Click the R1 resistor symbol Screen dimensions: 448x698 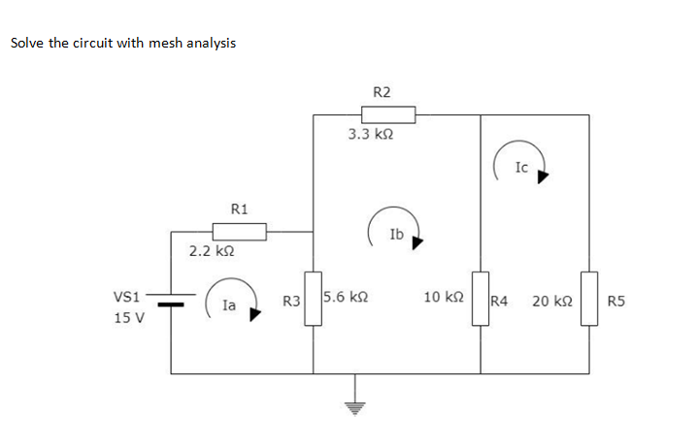[240, 232]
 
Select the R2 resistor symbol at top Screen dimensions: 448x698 [388, 114]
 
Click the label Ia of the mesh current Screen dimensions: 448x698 [229, 304]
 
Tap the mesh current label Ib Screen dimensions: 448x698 [395, 234]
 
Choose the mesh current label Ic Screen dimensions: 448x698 [521, 167]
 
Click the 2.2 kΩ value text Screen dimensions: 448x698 [211, 251]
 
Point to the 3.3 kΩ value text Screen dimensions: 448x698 [370, 135]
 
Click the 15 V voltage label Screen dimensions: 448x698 [128, 317]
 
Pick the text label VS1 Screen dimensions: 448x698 [127, 296]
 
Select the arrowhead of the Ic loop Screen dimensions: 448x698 [544, 177]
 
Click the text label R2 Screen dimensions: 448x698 [382, 91]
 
